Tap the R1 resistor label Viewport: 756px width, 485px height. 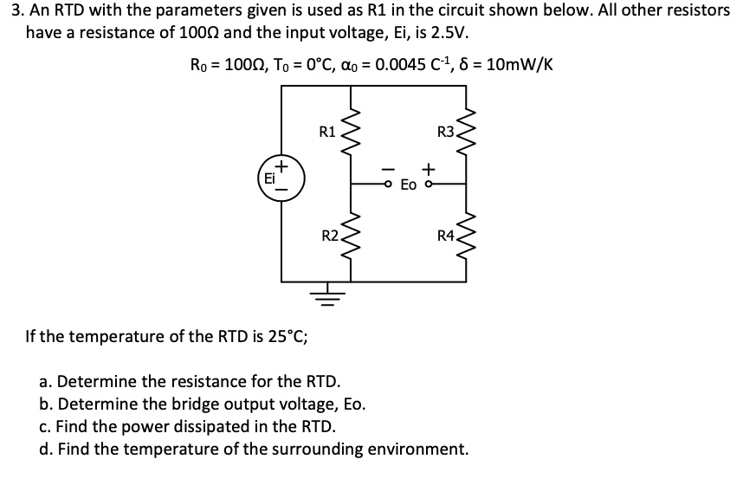327,133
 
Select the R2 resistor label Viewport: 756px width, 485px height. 329,235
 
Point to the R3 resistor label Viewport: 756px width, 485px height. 445,133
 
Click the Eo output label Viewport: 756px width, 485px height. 409,185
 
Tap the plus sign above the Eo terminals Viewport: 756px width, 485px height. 428,167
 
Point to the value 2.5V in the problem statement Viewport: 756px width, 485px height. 452,33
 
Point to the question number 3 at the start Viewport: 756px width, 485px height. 8,10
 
